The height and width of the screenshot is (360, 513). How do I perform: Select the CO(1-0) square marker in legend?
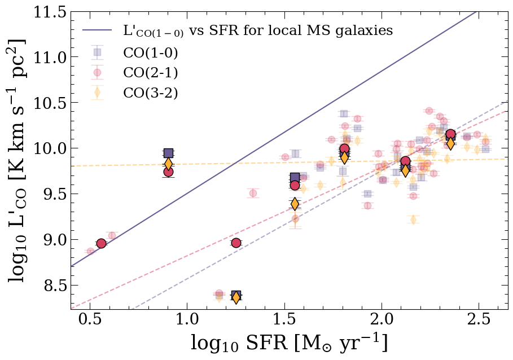pyautogui.click(x=97, y=52)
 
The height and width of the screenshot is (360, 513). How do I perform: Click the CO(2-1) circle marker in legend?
pyautogui.click(x=97, y=72)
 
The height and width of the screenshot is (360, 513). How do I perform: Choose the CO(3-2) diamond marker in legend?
pyautogui.click(x=97, y=92)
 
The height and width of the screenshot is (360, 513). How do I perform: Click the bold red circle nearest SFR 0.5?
pyautogui.click(x=101, y=243)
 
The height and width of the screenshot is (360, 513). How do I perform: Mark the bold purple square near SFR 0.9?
pyautogui.click(x=168, y=153)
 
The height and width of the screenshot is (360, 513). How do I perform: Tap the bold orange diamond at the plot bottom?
pyautogui.click(x=236, y=297)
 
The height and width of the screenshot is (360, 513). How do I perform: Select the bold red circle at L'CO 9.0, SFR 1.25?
pyautogui.click(x=236, y=243)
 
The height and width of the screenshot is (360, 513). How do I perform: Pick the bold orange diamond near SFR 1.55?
pyautogui.click(x=295, y=203)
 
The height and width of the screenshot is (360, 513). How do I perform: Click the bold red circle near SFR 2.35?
pyautogui.click(x=450, y=134)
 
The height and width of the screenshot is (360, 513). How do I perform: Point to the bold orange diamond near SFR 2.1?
pyautogui.click(x=405, y=170)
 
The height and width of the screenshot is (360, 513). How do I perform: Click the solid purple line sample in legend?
pyautogui.click(x=97, y=30)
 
